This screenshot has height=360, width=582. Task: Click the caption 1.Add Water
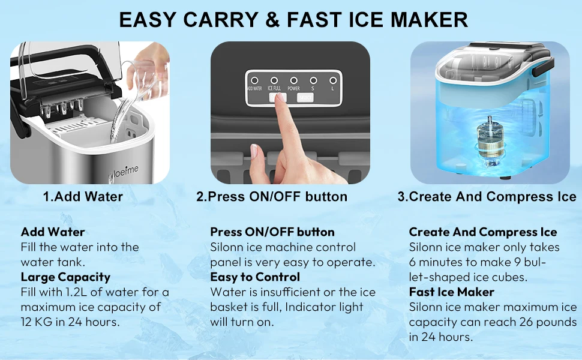(83, 197)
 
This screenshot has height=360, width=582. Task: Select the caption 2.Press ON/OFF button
(271, 197)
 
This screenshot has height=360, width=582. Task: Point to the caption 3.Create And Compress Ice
(487, 197)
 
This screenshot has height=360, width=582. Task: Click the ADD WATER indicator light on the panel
(254, 80)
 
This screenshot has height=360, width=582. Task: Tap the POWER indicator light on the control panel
(293, 80)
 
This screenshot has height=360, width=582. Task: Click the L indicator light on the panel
(332, 80)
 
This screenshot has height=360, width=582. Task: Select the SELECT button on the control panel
(305, 97)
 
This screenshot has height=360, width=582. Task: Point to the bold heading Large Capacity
(65, 277)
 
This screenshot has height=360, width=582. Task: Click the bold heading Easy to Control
(255, 277)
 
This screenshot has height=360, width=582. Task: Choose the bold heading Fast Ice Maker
(451, 292)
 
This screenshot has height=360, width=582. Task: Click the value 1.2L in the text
(77, 292)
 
